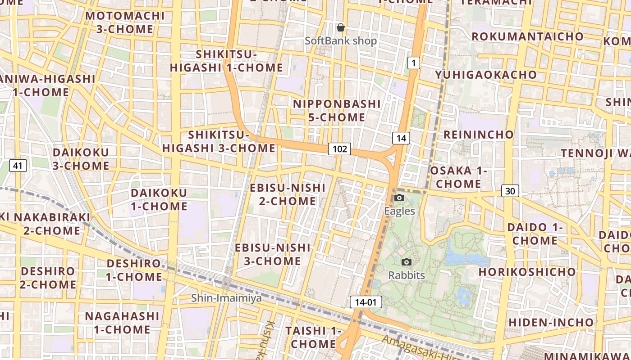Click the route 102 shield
(339, 149)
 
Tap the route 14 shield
(401, 138)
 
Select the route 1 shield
(413, 63)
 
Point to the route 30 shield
(510, 191)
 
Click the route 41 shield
(18, 166)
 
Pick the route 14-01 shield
(366, 302)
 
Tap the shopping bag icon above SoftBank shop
(341, 28)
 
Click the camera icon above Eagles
(399, 198)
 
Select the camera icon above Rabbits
(407, 262)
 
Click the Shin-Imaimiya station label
(226, 298)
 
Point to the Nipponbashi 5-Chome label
(337, 111)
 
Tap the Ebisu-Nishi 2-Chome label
(288, 194)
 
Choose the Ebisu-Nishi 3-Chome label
(273, 254)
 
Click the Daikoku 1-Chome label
(159, 199)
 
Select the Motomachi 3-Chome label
(125, 22)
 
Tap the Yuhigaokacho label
(486, 75)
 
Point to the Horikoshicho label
(527, 272)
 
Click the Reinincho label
(478, 135)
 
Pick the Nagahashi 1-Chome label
(122, 323)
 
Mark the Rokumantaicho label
(527, 36)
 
